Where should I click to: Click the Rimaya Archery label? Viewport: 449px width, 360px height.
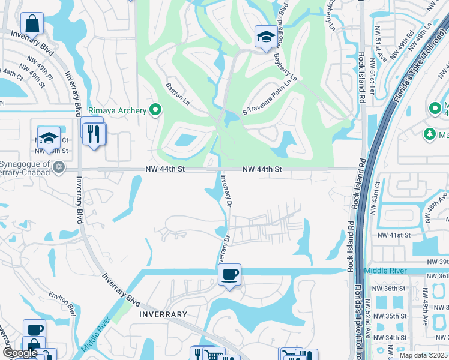tap(117, 110)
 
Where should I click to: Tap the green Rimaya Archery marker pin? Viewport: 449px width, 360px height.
tap(156, 110)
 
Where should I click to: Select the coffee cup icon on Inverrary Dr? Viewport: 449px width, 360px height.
tap(229, 275)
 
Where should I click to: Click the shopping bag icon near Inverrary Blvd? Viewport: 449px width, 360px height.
tap(32, 23)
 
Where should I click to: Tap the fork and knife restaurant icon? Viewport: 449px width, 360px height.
tap(92, 133)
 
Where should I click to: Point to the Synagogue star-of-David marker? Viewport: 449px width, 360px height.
tap(58, 166)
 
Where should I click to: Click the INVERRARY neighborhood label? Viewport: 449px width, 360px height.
tap(163, 314)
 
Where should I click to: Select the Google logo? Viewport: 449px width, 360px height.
tap(19, 352)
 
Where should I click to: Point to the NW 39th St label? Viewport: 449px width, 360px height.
tap(438, 262)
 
